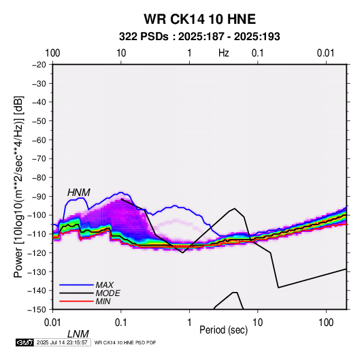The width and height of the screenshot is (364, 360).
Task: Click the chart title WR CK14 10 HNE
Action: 199,19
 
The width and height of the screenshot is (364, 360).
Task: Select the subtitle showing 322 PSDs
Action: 199,37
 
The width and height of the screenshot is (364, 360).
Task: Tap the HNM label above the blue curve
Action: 79,193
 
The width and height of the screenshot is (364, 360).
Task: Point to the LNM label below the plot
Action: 78,334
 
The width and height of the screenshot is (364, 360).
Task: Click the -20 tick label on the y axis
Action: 39,65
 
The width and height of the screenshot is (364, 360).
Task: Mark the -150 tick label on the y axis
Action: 37,310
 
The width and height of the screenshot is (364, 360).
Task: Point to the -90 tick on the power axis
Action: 39,197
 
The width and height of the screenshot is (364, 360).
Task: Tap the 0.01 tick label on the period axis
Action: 53,323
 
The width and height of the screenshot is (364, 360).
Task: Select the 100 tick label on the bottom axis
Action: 326,323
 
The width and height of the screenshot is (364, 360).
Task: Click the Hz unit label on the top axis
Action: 224,53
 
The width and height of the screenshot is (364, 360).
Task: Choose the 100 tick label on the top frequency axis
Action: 52,53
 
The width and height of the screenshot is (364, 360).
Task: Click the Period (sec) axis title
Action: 223,330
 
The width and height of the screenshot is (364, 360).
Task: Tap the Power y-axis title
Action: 18,187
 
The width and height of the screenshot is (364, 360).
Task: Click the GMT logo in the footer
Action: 24,342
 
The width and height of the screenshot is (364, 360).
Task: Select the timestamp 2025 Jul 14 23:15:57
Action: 62,342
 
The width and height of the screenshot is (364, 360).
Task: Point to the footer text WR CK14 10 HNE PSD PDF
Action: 125,342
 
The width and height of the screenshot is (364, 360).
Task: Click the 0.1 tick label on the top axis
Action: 258,53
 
